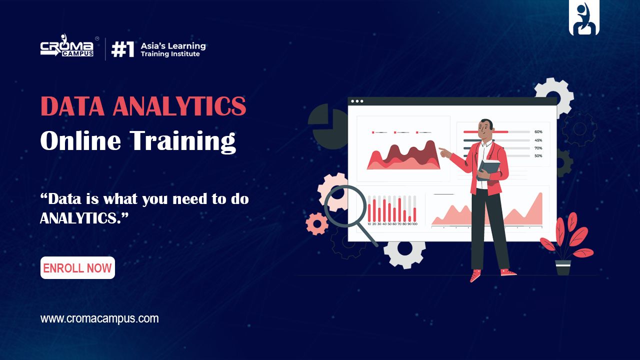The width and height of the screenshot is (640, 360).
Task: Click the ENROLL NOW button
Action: (77, 268)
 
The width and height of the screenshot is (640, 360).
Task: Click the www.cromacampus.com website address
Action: (99, 318)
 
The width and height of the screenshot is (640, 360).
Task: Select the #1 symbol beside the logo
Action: (122, 49)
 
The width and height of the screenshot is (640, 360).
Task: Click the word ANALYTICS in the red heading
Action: (179, 106)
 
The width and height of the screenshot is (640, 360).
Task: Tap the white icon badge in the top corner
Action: (584, 18)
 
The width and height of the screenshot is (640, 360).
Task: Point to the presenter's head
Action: (485, 130)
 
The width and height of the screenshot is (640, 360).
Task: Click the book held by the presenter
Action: (489, 169)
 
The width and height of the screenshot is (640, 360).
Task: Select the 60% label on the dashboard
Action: (538, 132)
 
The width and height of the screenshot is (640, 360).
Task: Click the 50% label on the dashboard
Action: (538, 156)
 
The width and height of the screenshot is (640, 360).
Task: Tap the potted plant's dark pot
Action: (563, 267)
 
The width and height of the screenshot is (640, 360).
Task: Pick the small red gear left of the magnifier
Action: (316, 223)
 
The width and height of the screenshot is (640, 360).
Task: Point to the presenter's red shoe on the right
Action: (508, 272)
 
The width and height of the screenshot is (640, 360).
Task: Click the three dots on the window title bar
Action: (357, 101)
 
